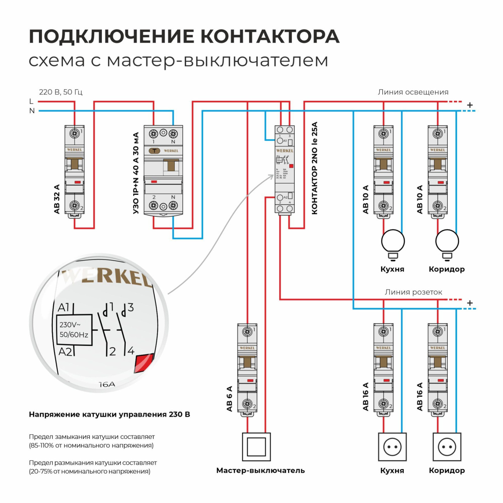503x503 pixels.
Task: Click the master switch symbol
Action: point(256,447)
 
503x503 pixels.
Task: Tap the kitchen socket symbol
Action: point(392,447)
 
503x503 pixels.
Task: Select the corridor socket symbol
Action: point(447,447)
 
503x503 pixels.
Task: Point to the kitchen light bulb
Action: point(393,243)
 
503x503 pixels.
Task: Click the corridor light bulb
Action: point(447,243)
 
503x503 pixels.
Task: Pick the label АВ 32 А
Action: point(57,199)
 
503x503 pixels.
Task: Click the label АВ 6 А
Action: point(229,399)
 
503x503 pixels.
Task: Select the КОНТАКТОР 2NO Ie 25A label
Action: point(315,168)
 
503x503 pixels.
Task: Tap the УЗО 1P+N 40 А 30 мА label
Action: point(136,173)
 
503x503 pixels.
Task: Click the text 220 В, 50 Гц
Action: point(61,92)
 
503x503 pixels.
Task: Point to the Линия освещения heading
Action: point(413,92)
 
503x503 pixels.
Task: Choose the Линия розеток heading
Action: point(413,292)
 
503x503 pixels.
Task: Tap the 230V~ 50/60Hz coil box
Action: point(74,329)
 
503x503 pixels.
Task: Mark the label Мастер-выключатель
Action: point(260,470)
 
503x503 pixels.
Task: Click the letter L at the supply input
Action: point(31,101)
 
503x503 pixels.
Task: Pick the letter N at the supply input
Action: point(32,111)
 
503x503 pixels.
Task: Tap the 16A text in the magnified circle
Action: point(107,384)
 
